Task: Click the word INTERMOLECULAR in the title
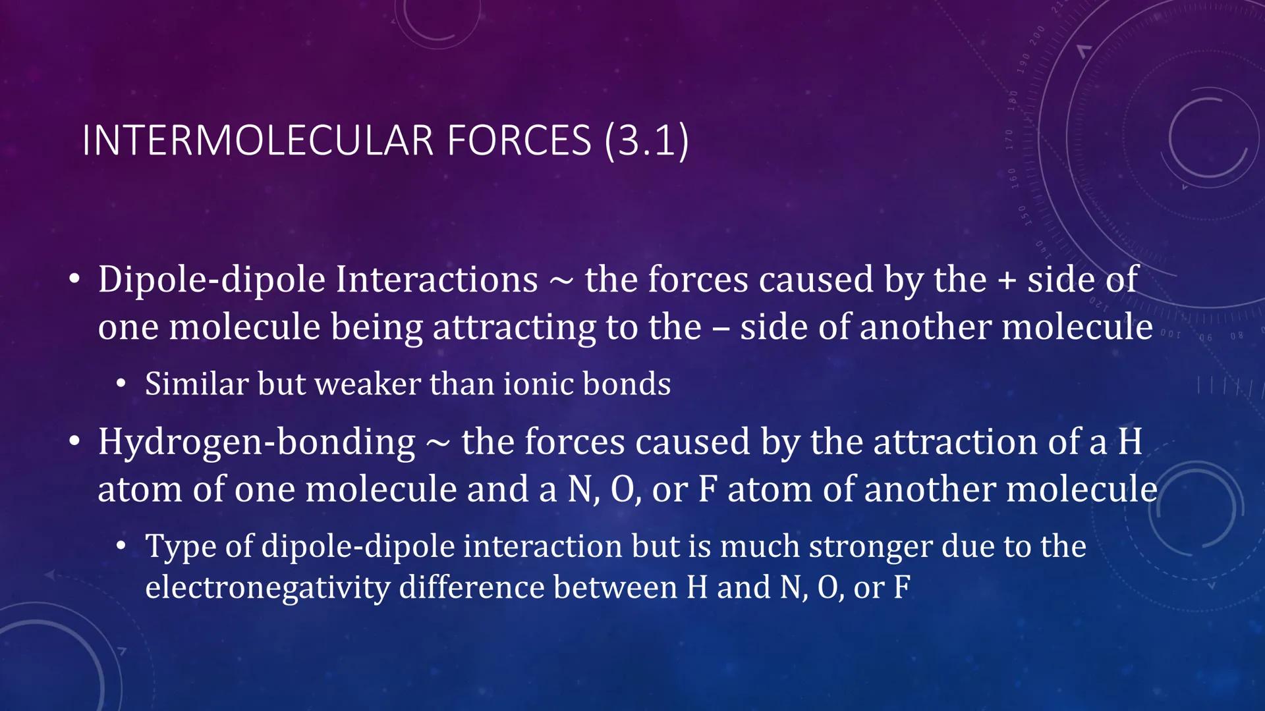point(258,140)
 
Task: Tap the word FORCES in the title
point(519,140)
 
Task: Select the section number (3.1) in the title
point(647,140)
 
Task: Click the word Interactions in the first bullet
point(437,279)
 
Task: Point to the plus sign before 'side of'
point(1006,280)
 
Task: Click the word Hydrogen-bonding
point(257,442)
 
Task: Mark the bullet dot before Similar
point(121,384)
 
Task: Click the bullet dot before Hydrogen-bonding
point(75,441)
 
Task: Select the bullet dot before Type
point(121,546)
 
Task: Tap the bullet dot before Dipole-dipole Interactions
point(75,280)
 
